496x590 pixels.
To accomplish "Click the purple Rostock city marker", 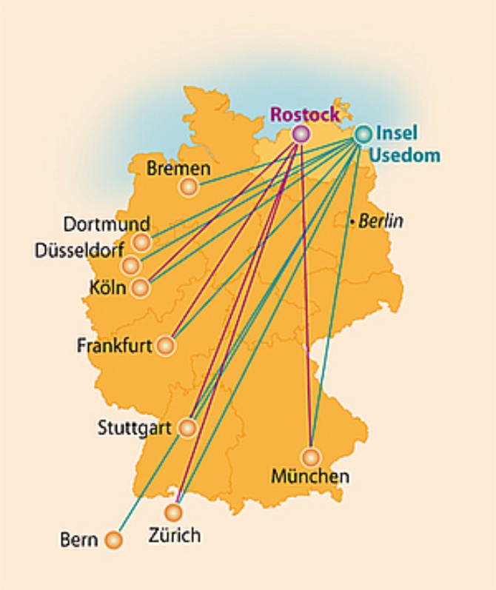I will click(x=300, y=134).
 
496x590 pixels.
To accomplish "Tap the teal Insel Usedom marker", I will click(x=363, y=134).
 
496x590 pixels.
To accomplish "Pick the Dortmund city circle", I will click(x=141, y=242).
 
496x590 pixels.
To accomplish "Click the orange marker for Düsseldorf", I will click(x=131, y=265).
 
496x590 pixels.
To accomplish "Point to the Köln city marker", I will click(x=141, y=287).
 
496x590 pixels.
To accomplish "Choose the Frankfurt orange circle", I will click(x=166, y=346).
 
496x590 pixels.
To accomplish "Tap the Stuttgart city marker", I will click(x=187, y=428).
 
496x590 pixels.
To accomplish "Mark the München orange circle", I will click(x=310, y=457).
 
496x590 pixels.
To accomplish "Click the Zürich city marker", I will click(x=173, y=512).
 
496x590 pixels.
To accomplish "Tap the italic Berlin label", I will click(x=381, y=221).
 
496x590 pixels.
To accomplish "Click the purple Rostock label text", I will click(x=305, y=115).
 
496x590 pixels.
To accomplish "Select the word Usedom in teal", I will click(x=405, y=155).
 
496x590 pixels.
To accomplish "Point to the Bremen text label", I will click(x=178, y=169).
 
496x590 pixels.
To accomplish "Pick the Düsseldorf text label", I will click(x=80, y=251).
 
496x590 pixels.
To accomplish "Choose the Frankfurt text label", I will click(x=114, y=346).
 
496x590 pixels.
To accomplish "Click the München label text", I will click(x=309, y=476).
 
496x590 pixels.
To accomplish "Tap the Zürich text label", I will click(x=174, y=534).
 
